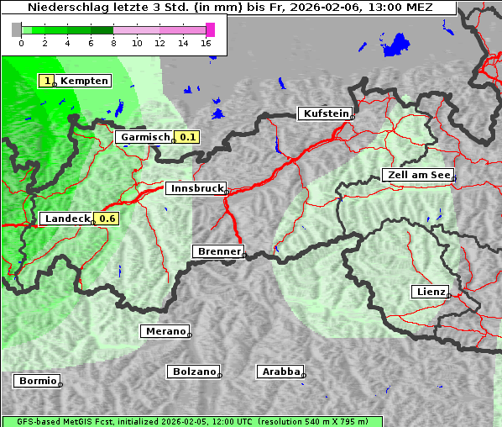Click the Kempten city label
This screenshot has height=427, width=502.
coord(85,81)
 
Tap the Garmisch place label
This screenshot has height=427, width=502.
coord(145,137)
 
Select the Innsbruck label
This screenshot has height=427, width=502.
coord(196,189)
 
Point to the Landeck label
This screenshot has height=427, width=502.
coord(66,219)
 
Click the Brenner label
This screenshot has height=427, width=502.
coord(219,251)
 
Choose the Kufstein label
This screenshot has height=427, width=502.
coord(326,113)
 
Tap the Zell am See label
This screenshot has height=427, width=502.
coord(418,175)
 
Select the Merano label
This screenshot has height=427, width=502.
coord(165,331)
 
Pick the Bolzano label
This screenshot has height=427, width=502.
coord(194,372)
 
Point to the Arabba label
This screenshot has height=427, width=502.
coord(280,372)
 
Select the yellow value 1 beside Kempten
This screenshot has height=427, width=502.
coord(48,81)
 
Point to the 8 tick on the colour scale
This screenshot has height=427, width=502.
coord(113,43)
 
